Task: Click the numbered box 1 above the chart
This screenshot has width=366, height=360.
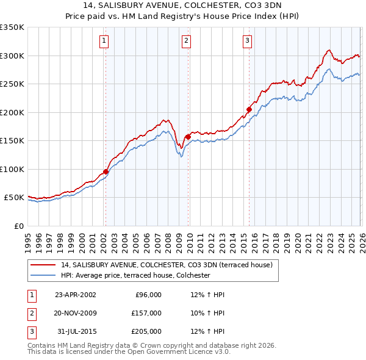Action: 104,41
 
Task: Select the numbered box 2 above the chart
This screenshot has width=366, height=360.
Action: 186,41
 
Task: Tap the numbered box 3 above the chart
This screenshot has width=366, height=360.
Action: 247,41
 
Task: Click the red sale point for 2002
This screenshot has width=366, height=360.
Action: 106,171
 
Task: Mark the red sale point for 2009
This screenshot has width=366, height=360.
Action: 187,137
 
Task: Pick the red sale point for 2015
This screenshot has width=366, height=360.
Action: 249,110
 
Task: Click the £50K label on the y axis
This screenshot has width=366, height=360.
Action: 15,198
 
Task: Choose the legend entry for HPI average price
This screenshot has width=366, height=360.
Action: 135,276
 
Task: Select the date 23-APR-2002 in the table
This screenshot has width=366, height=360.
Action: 75,295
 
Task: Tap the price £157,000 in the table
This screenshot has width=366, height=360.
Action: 146,313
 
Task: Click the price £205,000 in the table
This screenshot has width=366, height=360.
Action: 146,331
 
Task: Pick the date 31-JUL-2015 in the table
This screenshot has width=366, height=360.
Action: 75,331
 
